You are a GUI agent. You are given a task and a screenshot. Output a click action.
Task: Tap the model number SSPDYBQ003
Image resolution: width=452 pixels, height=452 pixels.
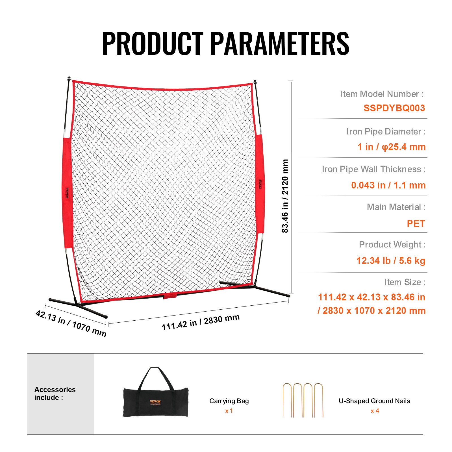(394, 108)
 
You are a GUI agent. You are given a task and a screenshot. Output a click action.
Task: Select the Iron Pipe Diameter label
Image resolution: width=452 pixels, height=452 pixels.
(386, 132)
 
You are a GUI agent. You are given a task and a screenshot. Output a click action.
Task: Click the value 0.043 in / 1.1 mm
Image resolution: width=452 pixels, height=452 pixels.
(388, 185)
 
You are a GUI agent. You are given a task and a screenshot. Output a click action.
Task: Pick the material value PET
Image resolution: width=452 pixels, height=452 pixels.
(416, 223)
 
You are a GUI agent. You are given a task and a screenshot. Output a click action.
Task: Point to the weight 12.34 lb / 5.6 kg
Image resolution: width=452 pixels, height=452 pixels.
(391, 260)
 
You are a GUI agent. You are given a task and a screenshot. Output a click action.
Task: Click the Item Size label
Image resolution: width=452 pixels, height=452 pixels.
(404, 282)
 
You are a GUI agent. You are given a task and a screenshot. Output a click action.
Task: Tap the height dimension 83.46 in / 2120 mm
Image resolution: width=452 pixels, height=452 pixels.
(285, 196)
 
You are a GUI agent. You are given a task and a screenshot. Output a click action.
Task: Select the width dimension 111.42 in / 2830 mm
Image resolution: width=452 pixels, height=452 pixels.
(201, 322)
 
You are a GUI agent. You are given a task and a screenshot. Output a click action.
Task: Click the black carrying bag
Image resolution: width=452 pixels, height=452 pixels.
(155, 401)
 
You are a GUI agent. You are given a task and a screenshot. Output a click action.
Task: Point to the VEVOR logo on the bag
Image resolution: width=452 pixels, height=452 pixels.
(155, 401)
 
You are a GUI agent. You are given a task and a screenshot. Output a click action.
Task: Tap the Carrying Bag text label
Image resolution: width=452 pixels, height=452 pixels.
(229, 401)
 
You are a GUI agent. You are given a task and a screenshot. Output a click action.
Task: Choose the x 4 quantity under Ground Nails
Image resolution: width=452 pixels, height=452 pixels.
(375, 411)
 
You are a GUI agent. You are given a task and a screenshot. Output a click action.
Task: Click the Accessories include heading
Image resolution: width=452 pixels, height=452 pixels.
(55, 394)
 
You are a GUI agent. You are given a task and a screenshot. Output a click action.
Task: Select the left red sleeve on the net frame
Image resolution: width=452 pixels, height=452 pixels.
(67, 194)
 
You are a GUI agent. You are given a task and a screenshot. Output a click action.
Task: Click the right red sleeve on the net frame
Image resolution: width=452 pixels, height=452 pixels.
(260, 184)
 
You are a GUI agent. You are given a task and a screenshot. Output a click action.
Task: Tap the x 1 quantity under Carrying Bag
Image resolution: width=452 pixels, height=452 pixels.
(229, 411)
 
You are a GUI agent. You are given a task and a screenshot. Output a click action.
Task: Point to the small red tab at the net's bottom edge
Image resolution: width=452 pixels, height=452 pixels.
(170, 296)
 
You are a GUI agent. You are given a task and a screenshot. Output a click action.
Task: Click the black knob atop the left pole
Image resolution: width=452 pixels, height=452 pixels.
(69, 78)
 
